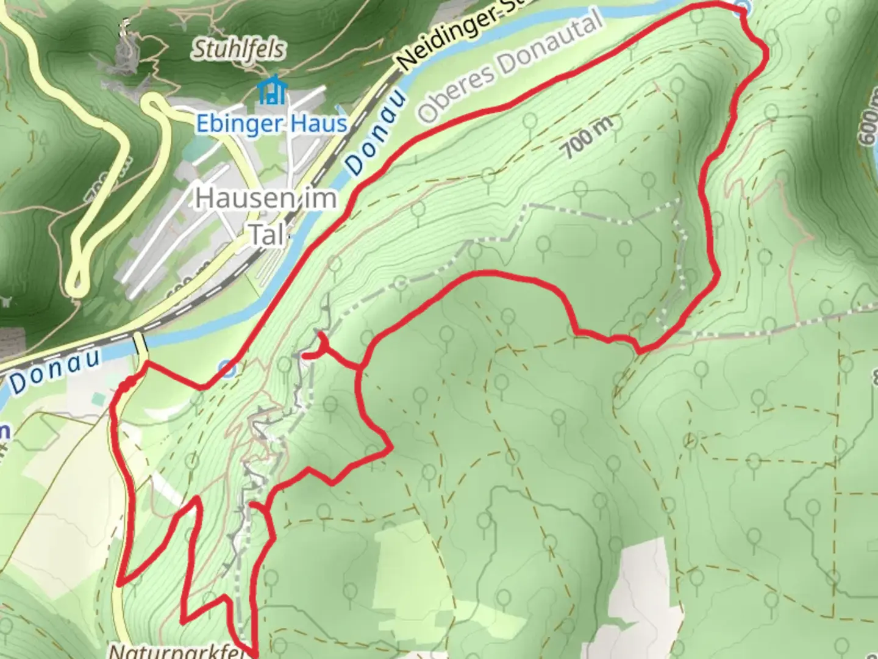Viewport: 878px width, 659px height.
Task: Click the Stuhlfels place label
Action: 238,49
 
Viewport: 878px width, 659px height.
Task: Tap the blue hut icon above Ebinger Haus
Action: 271,90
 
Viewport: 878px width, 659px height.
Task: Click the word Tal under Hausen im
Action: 267,236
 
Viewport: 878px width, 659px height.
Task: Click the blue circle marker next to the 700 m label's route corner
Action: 741,6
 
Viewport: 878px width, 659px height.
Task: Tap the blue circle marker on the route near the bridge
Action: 227,369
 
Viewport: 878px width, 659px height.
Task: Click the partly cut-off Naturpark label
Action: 177,652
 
